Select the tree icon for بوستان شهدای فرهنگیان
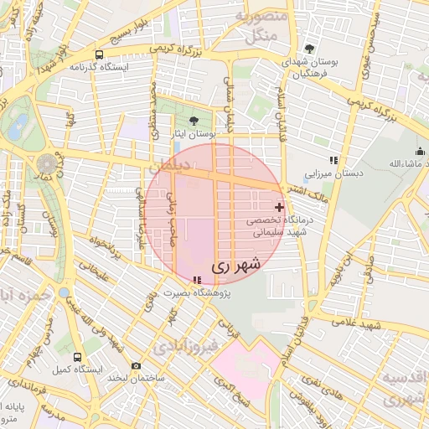(310, 49)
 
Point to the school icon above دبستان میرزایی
(333, 159)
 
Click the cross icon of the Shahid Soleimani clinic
(279, 206)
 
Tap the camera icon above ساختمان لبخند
(137, 365)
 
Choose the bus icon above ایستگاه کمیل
(77, 356)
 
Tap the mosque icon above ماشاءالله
(420, 150)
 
